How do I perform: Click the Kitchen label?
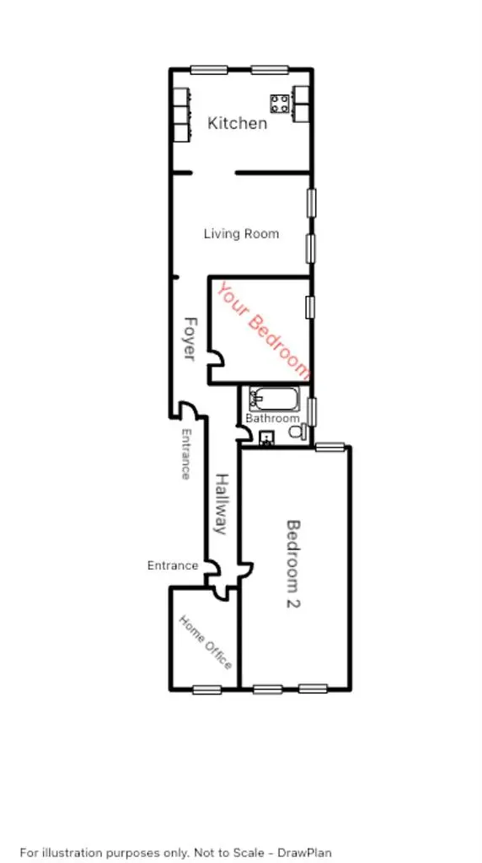[x=237, y=123]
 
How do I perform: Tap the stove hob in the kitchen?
[x=280, y=104]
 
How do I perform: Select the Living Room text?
[x=241, y=233]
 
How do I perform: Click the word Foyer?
[x=190, y=339]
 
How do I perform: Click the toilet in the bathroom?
[x=297, y=432]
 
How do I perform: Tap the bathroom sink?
[x=266, y=437]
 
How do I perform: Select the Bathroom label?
[x=272, y=418]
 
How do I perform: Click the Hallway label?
[x=222, y=504]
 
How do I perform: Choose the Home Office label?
[x=205, y=641]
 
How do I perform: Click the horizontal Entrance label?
[x=173, y=566]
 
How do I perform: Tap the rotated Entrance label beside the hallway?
[x=185, y=453]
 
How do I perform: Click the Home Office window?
[x=206, y=689]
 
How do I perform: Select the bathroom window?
[x=313, y=412]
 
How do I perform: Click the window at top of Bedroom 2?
[x=330, y=448]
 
